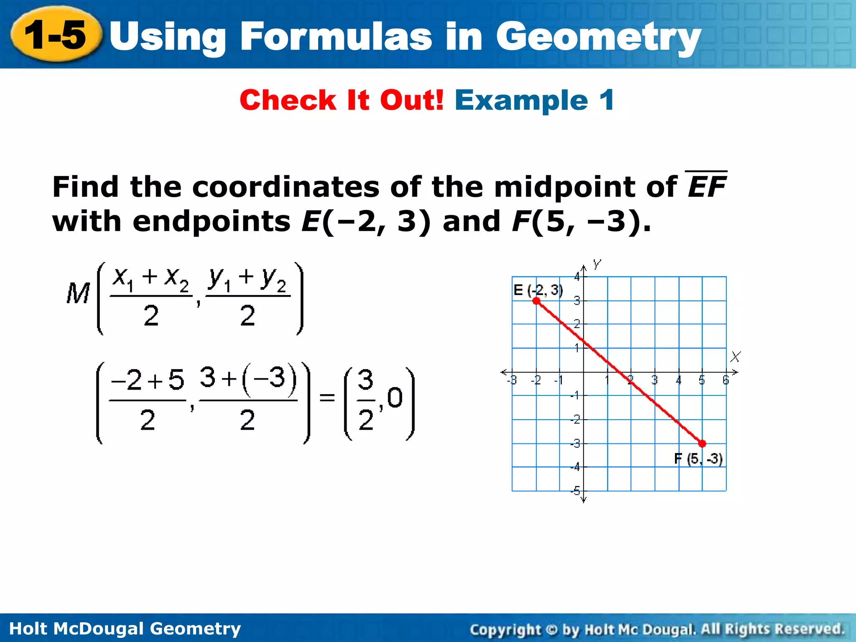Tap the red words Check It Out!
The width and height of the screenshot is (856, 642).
tap(341, 100)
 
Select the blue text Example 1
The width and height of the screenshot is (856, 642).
tap(534, 100)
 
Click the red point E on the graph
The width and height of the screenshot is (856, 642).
tap(536, 301)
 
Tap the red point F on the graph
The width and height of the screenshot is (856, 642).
tap(702, 443)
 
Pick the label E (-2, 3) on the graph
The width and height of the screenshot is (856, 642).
tap(538, 290)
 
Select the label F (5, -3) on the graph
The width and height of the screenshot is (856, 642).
tap(698, 459)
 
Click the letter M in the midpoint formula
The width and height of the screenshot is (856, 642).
tap(78, 293)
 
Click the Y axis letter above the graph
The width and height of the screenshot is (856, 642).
tap(597, 264)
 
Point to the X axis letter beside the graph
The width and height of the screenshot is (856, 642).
tap(735, 357)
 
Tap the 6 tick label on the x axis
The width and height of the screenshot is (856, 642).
tap(726, 380)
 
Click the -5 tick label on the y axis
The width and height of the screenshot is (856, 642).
tap(576, 491)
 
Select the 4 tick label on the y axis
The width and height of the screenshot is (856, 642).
tap(577, 276)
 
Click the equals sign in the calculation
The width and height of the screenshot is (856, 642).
tap(327, 397)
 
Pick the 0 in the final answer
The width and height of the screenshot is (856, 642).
tap(395, 397)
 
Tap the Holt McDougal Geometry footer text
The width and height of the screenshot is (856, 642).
tap(125, 628)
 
